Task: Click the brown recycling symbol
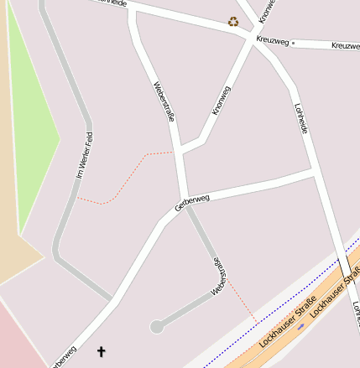(233, 22)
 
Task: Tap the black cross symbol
(102, 351)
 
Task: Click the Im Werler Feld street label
(83, 155)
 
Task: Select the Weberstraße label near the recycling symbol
(164, 101)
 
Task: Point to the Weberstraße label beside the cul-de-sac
(218, 276)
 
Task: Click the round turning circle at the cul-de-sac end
(156, 326)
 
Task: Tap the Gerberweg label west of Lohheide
(192, 202)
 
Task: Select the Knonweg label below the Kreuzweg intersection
(222, 100)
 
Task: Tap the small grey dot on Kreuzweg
(293, 42)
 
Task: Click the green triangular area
(32, 126)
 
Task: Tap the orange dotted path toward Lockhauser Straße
(243, 306)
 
